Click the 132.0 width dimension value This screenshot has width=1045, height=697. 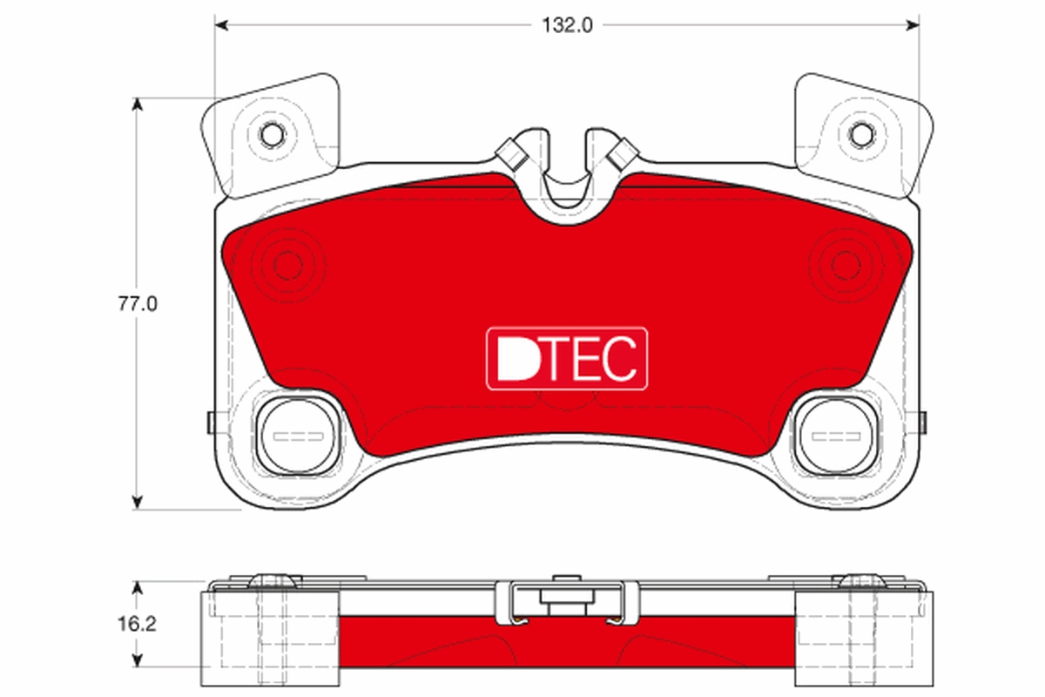(567, 25)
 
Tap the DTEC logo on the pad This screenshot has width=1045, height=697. (567, 358)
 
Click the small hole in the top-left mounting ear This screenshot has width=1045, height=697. (273, 135)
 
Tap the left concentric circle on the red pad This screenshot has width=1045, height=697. (287, 263)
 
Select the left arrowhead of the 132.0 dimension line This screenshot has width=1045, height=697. (220, 25)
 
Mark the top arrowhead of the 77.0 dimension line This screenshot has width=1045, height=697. (137, 104)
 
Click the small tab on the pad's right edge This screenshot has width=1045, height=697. (922, 421)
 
